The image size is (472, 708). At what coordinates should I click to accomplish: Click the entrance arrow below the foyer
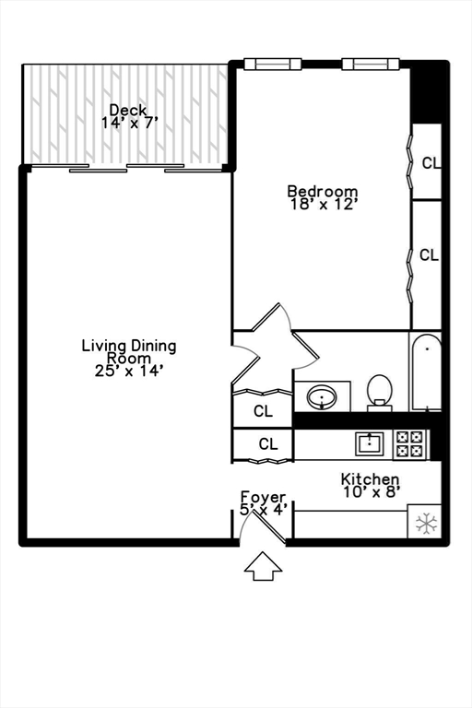pos(264,566)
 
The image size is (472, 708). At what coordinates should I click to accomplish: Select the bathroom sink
pos(322,398)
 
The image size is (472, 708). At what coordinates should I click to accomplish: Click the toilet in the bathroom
pos(380,393)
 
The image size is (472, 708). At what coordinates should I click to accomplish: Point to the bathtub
pos(427,372)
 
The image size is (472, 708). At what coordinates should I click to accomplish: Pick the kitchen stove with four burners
pos(410,444)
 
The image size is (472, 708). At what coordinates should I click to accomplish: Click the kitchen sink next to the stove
pos(371,443)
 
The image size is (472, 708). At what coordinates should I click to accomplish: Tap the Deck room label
pos(127,110)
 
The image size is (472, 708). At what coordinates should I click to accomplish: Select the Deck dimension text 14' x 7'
pos(129,123)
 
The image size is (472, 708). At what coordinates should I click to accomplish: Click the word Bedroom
pos(322,192)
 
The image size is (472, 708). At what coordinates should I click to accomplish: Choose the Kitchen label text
pos(370,478)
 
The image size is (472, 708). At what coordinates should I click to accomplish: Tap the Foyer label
pos(264,496)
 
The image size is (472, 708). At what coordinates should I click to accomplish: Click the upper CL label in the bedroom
pos(431,163)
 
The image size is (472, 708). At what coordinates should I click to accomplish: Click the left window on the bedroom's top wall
pos(272,64)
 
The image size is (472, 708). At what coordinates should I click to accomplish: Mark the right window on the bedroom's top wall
pos(371,64)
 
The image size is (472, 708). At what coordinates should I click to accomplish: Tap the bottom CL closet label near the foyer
pos(267,444)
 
